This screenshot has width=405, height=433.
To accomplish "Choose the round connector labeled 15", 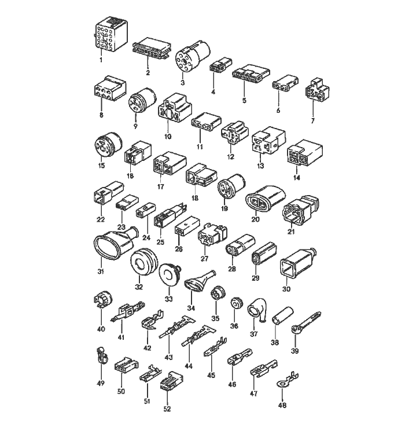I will click(106, 145).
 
